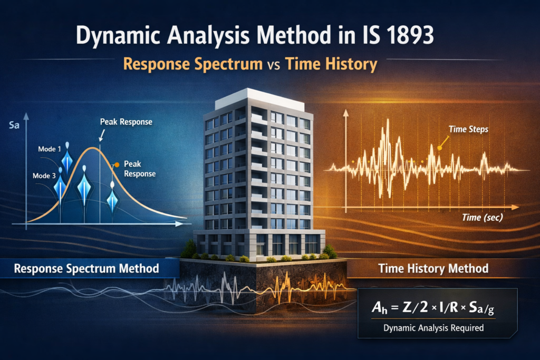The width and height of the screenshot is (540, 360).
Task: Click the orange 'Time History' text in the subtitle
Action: click(x=331, y=64)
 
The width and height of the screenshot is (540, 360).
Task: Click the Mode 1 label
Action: click(x=51, y=149)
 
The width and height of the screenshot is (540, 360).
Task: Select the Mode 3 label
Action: click(x=45, y=176)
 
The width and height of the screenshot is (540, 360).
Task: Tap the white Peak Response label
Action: click(x=126, y=122)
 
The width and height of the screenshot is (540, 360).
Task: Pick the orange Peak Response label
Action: click(x=139, y=168)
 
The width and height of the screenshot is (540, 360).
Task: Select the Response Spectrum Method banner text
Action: click(x=86, y=268)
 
